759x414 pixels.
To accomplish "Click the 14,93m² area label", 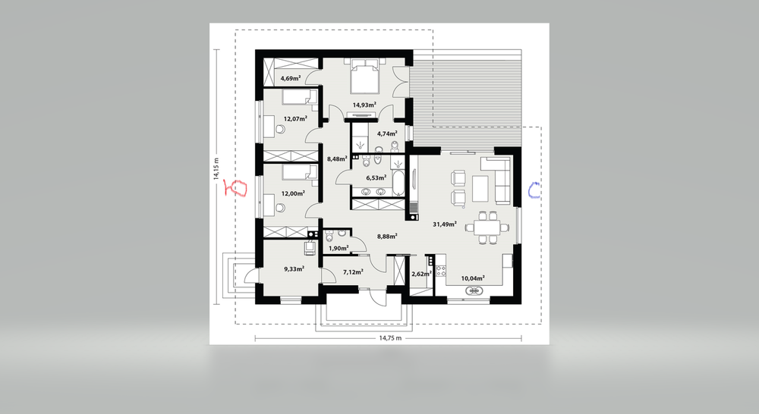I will [x=365, y=105].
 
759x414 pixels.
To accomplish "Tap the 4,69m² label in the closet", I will [x=291, y=78].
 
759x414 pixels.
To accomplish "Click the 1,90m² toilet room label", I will [x=338, y=248].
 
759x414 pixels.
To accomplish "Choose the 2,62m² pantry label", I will [x=420, y=274].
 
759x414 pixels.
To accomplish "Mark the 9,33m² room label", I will [x=293, y=268].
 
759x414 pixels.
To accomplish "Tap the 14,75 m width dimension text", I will [x=389, y=338].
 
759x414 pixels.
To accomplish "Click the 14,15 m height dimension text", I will [x=216, y=168].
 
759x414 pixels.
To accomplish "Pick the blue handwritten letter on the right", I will [x=534, y=190].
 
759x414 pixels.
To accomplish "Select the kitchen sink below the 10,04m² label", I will [x=474, y=290].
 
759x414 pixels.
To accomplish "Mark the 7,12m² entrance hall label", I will [x=353, y=271].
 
